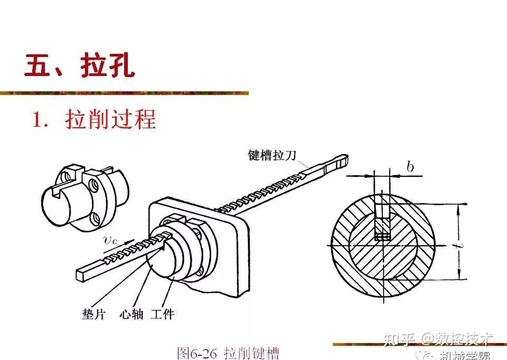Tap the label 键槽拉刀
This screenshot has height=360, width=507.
pyautogui.click(x=273, y=155)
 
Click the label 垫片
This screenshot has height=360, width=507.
pyautogui.click(x=93, y=315)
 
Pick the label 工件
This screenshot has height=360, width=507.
pyautogui.click(x=162, y=315)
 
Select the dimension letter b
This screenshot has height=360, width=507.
pyautogui.click(x=410, y=167)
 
